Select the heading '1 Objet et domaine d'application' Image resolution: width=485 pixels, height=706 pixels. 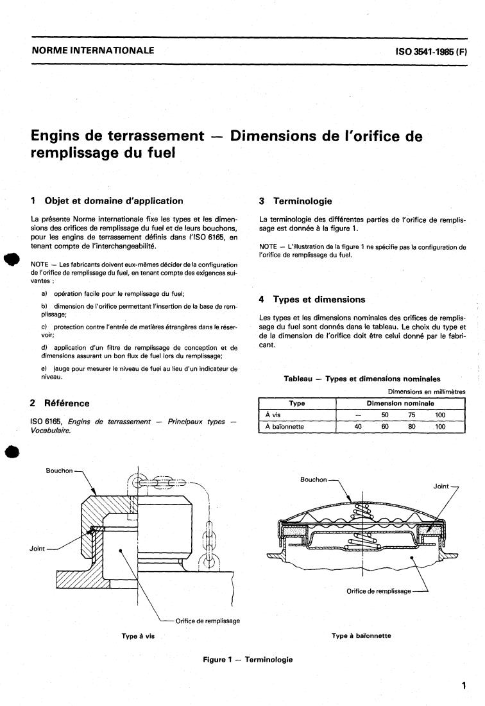[106, 201]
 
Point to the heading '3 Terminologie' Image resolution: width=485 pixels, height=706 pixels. [295, 201]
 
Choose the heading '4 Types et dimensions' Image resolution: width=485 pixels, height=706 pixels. [311, 299]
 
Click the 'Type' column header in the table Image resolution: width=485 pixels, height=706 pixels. [297, 404]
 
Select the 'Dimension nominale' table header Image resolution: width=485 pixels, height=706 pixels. [400, 404]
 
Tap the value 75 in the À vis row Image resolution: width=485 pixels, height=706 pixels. [411, 415]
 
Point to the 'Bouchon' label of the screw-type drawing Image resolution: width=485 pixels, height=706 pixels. [59, 470]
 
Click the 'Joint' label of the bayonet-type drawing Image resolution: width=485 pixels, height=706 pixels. [441, 486]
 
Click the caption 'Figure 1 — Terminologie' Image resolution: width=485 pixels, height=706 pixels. [248, 659]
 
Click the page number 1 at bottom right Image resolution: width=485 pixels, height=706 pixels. [463, 686]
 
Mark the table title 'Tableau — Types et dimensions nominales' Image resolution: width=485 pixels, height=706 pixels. [362, 379]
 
